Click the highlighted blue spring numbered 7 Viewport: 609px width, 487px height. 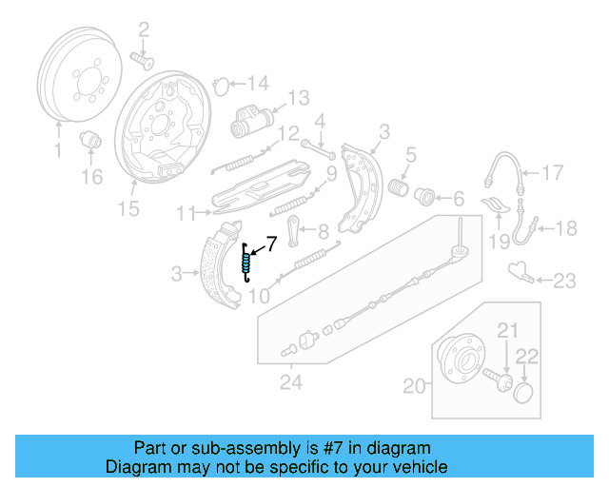pos(247,262)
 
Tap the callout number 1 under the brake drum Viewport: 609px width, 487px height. pos(57,151)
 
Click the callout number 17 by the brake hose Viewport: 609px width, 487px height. pos(553,172)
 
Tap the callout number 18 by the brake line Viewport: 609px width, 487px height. pos(565,227)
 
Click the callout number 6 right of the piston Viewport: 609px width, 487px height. pos(458,199)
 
